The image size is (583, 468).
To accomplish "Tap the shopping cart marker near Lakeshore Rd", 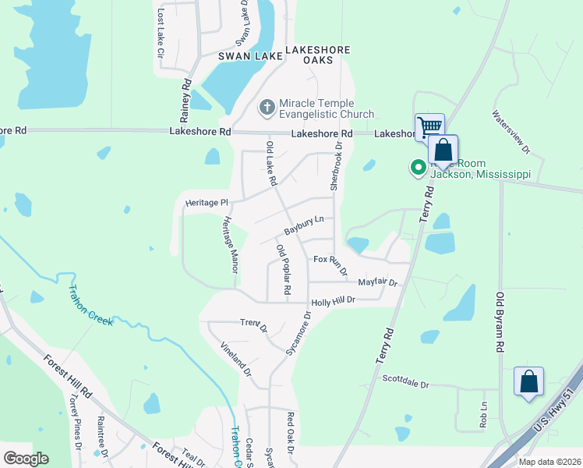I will [x=429, y=126].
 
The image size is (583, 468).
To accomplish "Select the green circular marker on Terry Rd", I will [x=418, y=166].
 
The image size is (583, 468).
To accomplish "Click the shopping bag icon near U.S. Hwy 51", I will [x=528, y=382].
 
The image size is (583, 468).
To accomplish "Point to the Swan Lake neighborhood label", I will [x=249, y=56].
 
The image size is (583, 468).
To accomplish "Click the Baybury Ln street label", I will [x=303, y=226].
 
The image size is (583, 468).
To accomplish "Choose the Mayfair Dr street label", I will [x=377, y=282].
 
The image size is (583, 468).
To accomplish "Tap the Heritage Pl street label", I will [x=205, y=203].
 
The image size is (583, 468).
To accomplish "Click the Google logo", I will [x=26, y=459].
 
